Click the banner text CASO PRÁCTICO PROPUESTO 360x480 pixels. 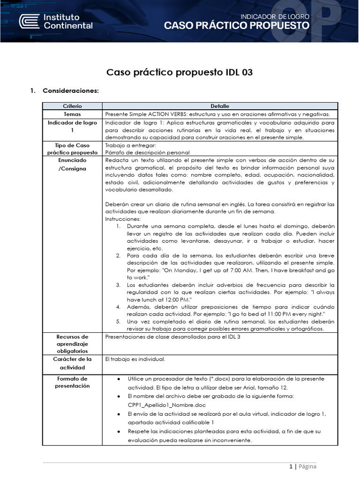tap(236, 26)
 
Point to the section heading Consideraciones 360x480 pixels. tap(70, 90)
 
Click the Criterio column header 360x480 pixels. tap(72, 106)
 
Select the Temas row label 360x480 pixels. tap(72, 114)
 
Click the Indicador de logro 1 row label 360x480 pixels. tap(72, 126)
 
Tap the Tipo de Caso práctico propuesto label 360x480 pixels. tap(72, 149)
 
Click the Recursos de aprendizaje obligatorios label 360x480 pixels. tap(72, 344)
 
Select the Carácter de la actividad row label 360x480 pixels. tap(72, 363)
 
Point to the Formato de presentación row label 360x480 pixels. tap(72, 382)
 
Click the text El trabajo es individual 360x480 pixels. tap(135, 360)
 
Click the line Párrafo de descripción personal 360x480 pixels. tap(148, 152)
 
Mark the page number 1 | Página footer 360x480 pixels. tap(302, 466)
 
